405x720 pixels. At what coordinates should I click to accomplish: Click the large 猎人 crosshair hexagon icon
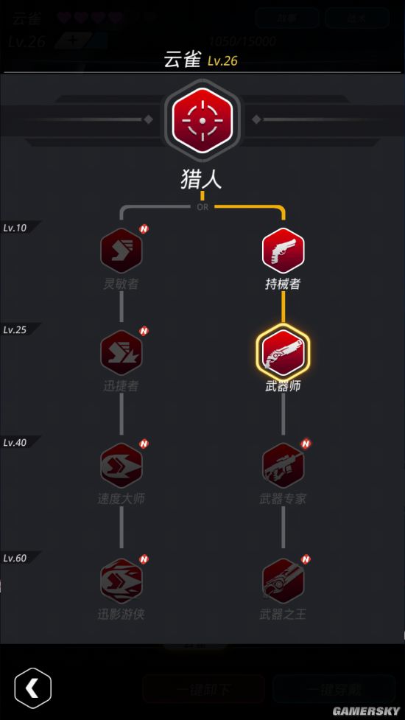pos(202,120)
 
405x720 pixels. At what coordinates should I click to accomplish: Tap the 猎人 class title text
pos(202,179)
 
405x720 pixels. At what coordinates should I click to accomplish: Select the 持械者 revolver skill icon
pos(283,251)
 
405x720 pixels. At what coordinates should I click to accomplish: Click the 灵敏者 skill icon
pos(121,251)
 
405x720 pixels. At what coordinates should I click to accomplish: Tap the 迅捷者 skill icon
pos(121,353)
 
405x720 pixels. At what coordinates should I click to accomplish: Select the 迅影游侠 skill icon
pos(121,581)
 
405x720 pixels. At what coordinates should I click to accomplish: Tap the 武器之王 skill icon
pos(283,581)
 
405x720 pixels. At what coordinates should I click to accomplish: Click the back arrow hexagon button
pos(32,688)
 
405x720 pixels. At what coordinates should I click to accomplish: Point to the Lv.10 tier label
pos(15,228)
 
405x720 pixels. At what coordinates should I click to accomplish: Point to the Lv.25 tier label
pos(15,329)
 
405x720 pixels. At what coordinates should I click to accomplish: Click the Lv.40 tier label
pos(15,442)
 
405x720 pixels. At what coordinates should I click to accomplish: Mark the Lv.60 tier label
pos(15,558)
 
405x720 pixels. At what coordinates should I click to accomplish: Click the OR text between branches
pos(202,207)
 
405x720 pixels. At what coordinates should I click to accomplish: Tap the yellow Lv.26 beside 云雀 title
pos(222,61)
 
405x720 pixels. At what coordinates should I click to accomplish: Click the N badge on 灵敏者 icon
pos(144,229)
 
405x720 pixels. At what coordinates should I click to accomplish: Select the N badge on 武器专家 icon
pos(306,444)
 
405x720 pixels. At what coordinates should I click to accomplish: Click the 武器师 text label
pos(283,385)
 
